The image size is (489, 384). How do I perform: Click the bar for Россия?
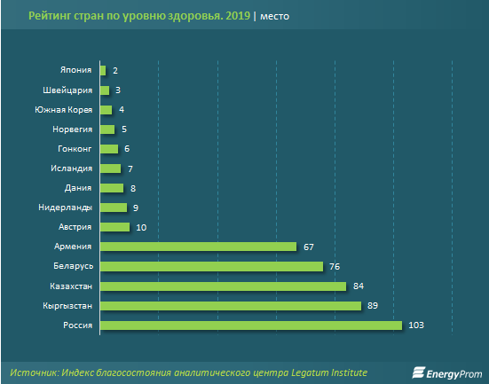click(251, 325)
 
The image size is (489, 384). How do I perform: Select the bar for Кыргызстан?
click(231, 306)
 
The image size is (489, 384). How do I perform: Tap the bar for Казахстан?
click(223, 286)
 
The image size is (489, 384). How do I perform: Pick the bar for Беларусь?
click(211, 266)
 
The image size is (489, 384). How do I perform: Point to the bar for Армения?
click(198, 247)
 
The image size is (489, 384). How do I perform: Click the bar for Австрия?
click(115, 227)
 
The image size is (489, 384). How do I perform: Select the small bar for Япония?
click(103, 70)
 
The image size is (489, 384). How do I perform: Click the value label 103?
click(417, 325)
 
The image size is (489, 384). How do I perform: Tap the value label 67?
click(311, 247)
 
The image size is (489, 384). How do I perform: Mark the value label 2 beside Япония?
click(115, 70)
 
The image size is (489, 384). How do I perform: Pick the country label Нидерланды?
click(65, 208)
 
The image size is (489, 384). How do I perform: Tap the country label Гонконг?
click(72, 149)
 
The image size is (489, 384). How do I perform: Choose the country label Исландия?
click(70, 168)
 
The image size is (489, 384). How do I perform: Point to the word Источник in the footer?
click(36, 371)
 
